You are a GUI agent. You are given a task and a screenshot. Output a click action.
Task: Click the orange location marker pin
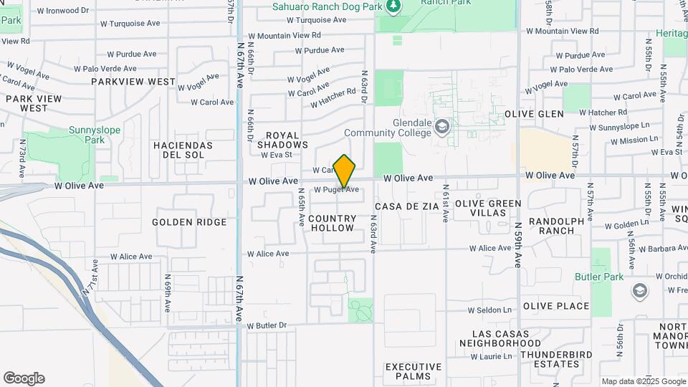(345, 171)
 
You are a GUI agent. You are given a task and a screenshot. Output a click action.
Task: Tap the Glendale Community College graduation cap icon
(443, 128)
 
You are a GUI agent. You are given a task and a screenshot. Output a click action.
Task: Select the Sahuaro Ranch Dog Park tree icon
(392, 7)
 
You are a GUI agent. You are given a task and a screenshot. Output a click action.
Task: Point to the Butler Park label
(599, 277)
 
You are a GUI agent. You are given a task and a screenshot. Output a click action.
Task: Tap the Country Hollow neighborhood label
(333, 223)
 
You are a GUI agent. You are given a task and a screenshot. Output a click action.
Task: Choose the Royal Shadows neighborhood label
(282, 140)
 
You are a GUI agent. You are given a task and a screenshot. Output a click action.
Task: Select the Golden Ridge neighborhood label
(189, 222)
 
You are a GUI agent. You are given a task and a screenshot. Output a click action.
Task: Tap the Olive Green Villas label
(488, 209)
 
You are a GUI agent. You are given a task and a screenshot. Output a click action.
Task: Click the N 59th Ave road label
(518, 244)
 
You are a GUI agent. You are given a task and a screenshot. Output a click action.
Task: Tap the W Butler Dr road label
(267, 325)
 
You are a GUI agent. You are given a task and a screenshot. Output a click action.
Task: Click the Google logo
(24, 378)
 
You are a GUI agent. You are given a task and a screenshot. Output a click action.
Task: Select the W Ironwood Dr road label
(63, 11)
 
